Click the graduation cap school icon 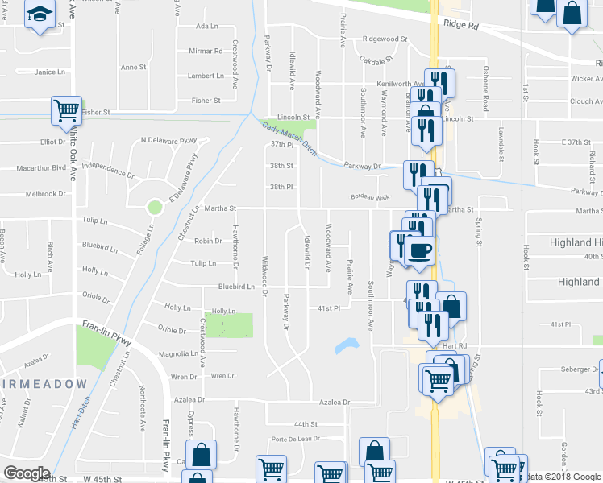click(39, 14)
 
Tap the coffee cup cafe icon click(419, 250)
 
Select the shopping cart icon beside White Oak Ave click(66, 110)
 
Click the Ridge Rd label click(460, 26)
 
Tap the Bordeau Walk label click(370, 197)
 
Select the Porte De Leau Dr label click(297, 439)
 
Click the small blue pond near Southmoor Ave click(347, 345)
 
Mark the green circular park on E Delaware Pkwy click(155, 207)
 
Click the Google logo click(27, 473)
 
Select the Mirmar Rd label click(206, 51)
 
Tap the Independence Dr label click(108, 171)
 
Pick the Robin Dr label click(207, 241)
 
